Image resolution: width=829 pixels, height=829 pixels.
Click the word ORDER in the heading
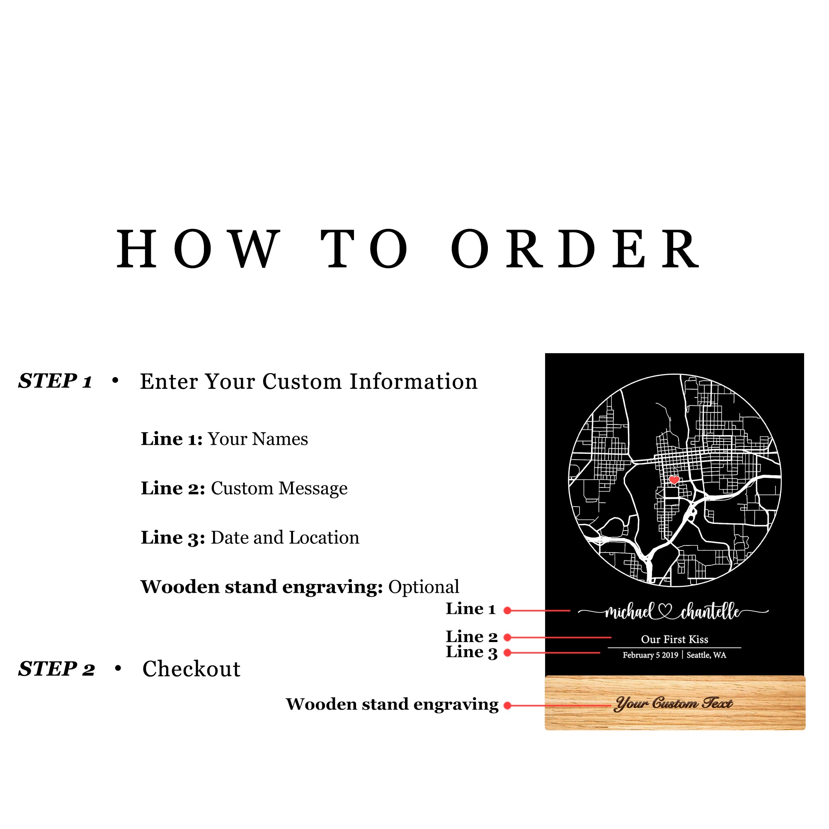pos(575,249)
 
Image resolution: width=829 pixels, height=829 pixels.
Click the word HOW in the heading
pos(198,249)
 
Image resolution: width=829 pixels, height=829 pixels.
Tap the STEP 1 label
pos(56,381)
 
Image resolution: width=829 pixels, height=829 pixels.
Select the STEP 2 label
pos(56,669)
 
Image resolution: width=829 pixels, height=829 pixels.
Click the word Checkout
pos(191,669)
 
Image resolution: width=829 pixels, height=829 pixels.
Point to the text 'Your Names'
pos(258,439)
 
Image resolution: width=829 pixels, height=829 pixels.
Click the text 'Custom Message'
pos(279,488)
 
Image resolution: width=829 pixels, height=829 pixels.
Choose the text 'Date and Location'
pos(285,538)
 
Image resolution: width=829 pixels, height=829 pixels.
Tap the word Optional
pos(424,587)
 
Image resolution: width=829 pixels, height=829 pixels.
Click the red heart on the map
pos(674,480)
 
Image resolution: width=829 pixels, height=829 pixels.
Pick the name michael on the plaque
pos(629,612)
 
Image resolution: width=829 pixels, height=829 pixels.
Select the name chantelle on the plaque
pos(710,612)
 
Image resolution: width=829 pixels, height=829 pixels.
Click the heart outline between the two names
pos(666,611)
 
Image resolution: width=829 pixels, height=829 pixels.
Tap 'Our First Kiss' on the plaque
pos(674,640)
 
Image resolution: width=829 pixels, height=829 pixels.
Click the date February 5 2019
pos(650,655)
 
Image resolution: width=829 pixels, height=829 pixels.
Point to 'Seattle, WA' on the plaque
pos(706,655)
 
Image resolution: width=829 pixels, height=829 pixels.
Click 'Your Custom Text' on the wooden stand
pos(674,704)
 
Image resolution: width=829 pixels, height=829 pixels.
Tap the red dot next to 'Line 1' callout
pos(507,611)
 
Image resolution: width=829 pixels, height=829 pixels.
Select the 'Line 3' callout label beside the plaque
pos(471,652)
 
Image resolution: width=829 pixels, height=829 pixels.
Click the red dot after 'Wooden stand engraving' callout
pos(507,705)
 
